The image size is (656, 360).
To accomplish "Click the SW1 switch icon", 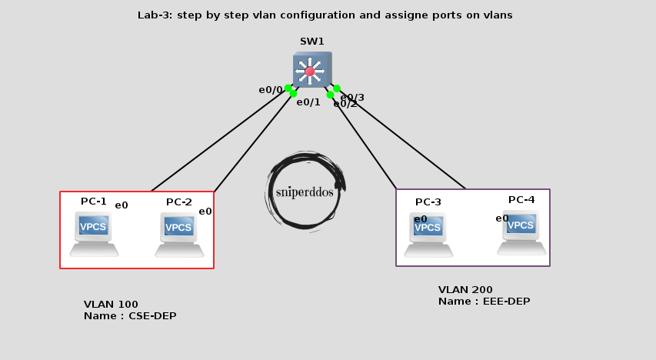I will coord(311,70).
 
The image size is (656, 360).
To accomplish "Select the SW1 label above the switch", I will coord(312,41).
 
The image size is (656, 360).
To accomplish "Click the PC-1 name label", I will coord(94,202).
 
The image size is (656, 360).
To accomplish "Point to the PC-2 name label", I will coord(178,202).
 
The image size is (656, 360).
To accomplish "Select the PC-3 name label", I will coord(428,202).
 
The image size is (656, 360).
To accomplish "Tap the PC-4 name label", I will coord(521,200).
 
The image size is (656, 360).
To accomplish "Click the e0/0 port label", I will coord(270,90).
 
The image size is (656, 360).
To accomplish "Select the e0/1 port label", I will coord(308,102).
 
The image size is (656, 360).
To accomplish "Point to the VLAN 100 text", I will coord(111,305).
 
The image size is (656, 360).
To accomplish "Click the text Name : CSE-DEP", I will coord(125,316).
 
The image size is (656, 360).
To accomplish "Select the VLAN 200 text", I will coord(465,290).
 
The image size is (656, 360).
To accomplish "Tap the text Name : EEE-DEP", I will coord(484,302).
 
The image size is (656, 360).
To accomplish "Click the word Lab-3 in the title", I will coord(155,15).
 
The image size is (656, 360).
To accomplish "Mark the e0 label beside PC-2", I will coord(205,212).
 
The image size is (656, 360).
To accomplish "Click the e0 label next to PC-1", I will coord(122,205).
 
